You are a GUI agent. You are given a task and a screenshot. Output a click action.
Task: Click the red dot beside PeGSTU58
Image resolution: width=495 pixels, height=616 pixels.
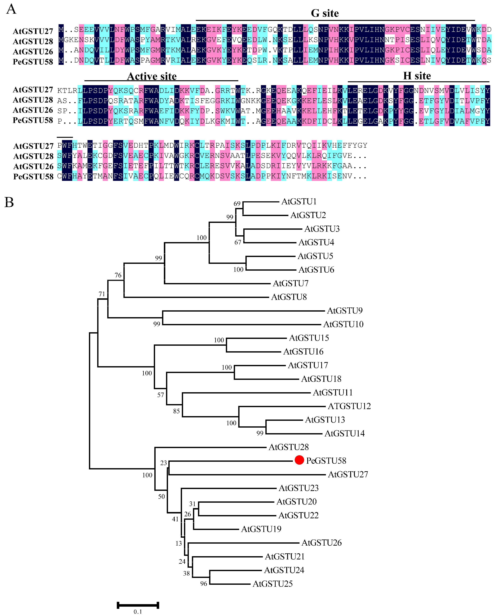point(299,460)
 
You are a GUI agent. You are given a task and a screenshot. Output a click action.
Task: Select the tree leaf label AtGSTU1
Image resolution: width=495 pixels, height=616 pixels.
point(299,202)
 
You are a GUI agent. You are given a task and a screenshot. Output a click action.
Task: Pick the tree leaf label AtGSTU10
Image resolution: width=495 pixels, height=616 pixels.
point(343,324)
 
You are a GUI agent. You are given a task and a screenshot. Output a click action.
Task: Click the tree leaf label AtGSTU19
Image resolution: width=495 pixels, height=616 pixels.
point(261,529)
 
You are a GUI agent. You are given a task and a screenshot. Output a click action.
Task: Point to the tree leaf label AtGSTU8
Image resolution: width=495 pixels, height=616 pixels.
point(289,297)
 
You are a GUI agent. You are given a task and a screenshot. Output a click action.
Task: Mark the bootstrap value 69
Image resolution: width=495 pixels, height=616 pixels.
point(237,204)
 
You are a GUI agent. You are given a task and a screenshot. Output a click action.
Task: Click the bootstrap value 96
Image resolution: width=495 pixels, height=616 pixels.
point(204,584)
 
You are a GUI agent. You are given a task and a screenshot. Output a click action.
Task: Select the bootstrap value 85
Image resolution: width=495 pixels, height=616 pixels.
point(176,411)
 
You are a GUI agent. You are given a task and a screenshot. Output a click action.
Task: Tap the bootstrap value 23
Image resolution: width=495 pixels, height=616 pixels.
point(164,463)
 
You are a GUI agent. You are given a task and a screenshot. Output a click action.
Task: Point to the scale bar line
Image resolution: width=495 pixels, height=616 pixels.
point(138,605)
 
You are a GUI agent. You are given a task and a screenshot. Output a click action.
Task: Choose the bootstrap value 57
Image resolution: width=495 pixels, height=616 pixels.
point(161,395)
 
